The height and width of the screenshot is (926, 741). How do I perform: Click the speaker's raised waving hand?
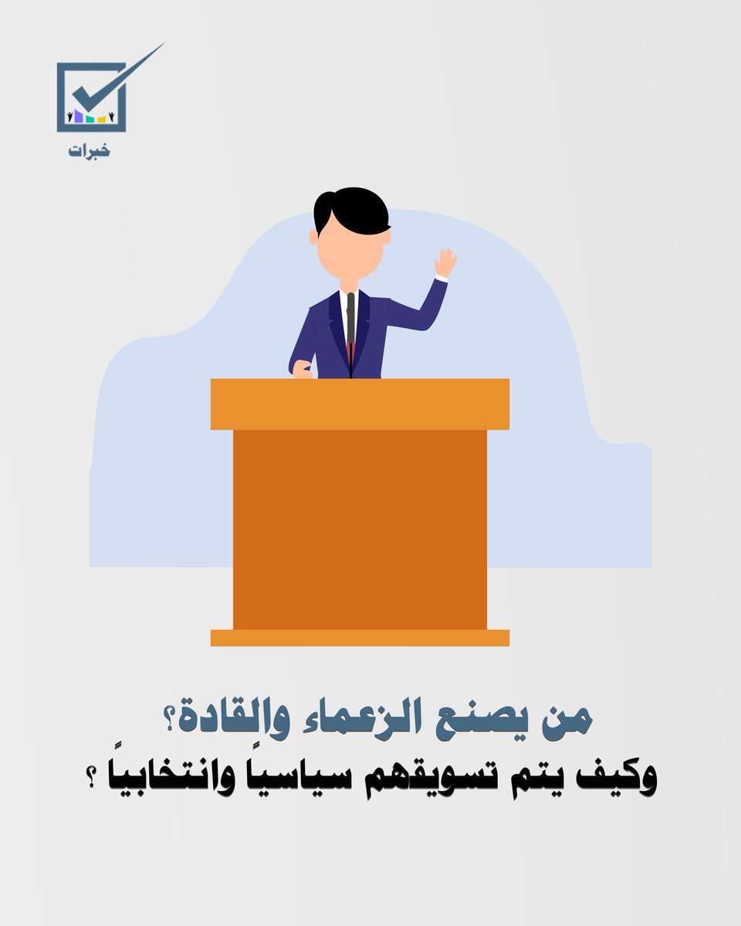click(x=445, y=262)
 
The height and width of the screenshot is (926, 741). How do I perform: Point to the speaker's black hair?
click(x=351, y=206)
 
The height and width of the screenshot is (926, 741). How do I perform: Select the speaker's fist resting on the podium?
click(x=302, y=370)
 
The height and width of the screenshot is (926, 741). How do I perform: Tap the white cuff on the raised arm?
click(x=441, y=279)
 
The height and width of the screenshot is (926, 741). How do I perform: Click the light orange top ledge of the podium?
click(x=360, y=404)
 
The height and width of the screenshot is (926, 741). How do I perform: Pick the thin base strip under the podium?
click(x=360, y=637)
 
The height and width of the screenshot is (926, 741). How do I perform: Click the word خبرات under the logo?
click(x=89, y=150)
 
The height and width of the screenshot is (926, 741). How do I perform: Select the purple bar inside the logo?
click(x=79, y=117)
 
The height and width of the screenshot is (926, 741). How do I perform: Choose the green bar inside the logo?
click(x=90, y=120)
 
